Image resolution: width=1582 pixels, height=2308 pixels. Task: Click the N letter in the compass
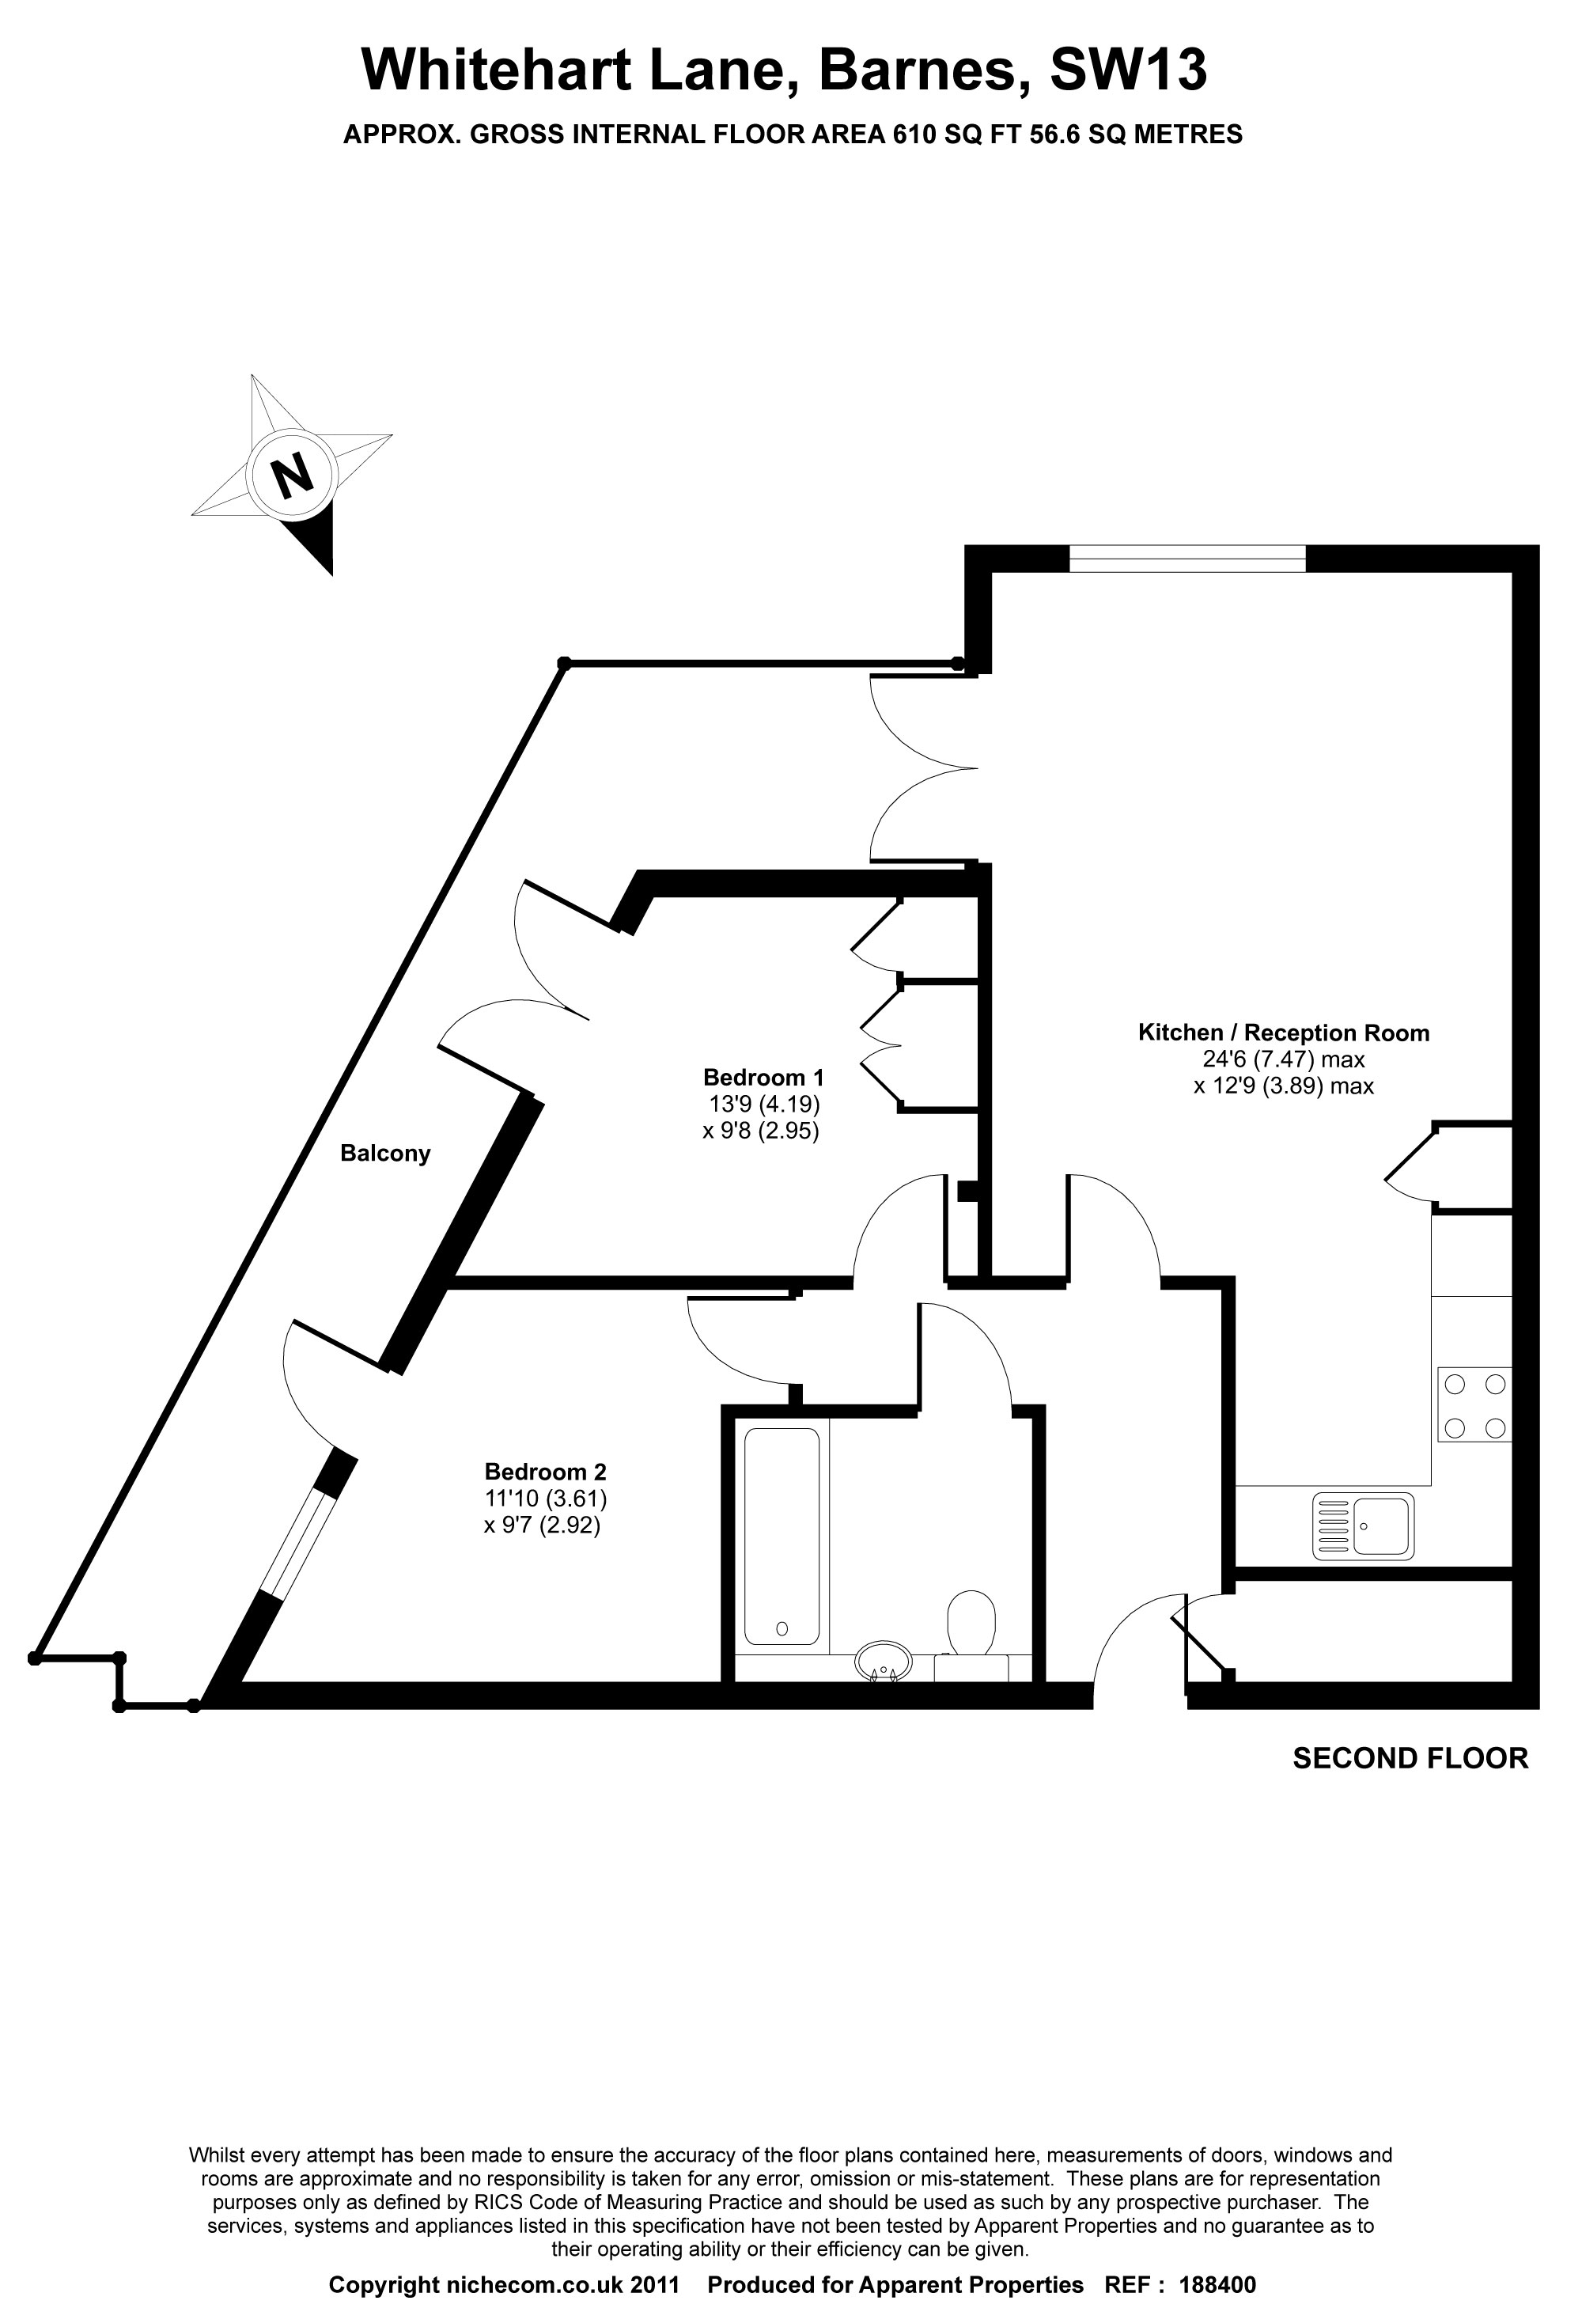tap(292, 475)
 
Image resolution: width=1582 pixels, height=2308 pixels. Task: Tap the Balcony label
tap(385, 1153)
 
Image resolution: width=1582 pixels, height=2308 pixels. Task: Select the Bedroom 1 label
tap(763, 1077)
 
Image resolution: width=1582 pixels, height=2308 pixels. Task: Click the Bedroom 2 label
tap(545, 1472)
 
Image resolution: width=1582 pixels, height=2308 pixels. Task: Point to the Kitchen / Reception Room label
tap(1283, 1032)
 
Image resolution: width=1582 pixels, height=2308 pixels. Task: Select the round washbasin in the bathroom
tap(883, 1661)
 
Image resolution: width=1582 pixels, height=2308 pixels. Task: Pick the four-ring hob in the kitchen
tap(1474, 1404)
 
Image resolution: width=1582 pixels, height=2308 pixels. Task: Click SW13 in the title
tap(1128, 70)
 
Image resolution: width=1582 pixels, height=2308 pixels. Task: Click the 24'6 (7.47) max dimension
tap(1283, 1059)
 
